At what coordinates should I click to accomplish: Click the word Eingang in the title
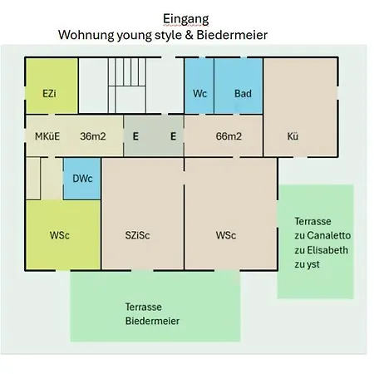[x=185, y=19]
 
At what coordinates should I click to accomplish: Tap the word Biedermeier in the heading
[x=232, y=35]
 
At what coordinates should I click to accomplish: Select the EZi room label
[x=49, y=94]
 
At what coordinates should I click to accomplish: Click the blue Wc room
[x=199, y=86]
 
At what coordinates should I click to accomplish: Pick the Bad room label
[x=243, y=94]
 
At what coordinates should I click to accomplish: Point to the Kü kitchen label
[x=293, y=136]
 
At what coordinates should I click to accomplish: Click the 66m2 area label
[x=229, y=136]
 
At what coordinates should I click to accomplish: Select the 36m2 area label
[x=93, y=136]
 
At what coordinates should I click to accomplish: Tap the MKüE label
[x=47, y=136]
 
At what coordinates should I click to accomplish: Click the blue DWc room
[x=82, y=179]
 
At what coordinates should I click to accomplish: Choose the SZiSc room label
[x=137, y=235]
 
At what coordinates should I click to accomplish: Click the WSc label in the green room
[x=60, y=235]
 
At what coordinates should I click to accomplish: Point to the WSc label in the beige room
[x=226, y=235]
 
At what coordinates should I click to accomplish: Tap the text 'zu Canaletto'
[x=322, y=235]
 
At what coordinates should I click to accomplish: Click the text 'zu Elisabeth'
[x=322, y=250]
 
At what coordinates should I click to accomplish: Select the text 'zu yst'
[x=307, y=264]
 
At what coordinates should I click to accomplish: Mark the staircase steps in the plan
[x=127, y=86]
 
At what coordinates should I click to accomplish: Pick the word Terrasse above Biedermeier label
[x=144, y=307]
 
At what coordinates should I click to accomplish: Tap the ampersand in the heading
[x=189, y=35]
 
